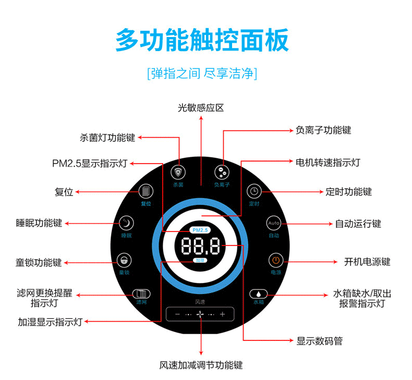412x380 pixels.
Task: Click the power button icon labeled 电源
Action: click(x=276, y=260)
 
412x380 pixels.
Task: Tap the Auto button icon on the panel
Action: click(x=274, y=223)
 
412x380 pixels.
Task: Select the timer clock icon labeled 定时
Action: click(x=254, y=191)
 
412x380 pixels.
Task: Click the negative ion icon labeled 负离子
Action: click(x=222, y=172)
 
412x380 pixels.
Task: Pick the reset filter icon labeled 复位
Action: click(x=146, y=191)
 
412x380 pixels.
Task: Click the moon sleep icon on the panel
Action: click(x=126, y=223)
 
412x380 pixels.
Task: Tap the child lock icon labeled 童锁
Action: click(x=124, y=260)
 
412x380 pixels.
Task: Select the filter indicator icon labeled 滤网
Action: click(x=141, y=293)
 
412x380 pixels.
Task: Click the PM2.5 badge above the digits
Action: click(x=200, y=230)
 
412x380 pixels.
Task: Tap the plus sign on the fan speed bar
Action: click(x=223, y=314)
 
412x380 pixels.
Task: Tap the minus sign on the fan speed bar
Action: click(x=177, y=314)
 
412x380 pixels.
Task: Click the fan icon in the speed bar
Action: click(x=200, y=314)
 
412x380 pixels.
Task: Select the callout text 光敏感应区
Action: click(x=201, y=108)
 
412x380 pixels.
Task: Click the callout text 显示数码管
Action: click(x=320, y=341)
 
